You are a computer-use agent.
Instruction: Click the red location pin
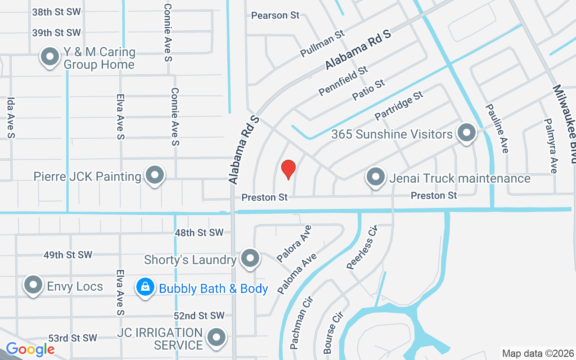point(288,170)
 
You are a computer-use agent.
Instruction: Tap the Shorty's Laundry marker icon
point(250,258)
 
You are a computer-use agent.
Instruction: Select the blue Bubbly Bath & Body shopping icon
point(145,286)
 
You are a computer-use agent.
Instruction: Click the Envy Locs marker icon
point(33,285)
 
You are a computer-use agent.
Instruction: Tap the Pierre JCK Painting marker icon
point(155,175)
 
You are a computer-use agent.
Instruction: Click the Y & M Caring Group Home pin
point(50,57)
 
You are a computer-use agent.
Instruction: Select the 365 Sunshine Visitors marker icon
point(467,133)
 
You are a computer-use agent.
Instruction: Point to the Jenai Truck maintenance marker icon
point(375,177)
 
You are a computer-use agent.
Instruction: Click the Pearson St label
point(275,15)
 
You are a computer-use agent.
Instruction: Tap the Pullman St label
point(322,44)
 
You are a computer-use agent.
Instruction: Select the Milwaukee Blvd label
point(564,123)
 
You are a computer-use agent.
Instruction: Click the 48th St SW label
point(199,233)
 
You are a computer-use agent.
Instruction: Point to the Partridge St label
point(399,105)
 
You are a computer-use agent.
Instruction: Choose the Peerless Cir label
point(361,247)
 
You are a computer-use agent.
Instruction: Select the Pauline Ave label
point(496,129)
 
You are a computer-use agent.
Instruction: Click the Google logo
point(30,349)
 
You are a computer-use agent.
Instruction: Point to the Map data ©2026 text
point(537,353)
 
